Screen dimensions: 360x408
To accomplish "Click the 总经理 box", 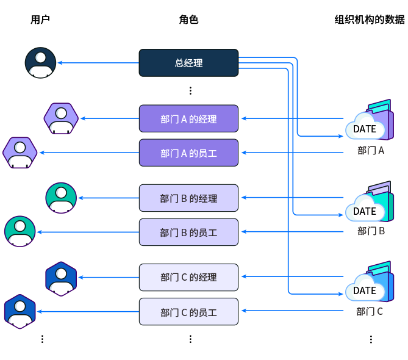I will [x=188, y=63].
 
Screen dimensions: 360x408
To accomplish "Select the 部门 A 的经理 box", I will [x=188, y=118].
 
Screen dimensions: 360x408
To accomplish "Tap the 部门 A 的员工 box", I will [x=188, y=153].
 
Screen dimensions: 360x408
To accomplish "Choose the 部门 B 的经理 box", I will [x=188, y=198].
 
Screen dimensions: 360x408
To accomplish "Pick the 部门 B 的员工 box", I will [x=188, y=232].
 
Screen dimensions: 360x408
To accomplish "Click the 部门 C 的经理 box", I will [x=188, y=277].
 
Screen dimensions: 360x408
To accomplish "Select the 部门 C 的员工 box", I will [x=188, y=312].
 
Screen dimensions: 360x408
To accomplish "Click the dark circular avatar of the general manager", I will [x=40, y=63].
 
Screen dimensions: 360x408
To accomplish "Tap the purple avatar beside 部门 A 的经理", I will [x=61, y=118].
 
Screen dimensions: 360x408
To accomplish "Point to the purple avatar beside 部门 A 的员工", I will [x=20, y=153].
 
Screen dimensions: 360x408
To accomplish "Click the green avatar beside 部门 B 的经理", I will [x=61, y=198].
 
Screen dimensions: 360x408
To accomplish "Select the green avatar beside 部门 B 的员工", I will [x=20, y=232].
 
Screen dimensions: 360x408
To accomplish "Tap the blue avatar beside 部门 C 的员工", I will [x=20, y=312].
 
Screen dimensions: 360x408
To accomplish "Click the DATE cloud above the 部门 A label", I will [x=365, y=129].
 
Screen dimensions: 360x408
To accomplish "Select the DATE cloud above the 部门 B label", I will [x=365, y=211].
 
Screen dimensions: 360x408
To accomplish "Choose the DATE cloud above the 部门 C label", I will [x=365, y=290].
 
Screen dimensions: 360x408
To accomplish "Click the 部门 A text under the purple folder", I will [x=370, y=151].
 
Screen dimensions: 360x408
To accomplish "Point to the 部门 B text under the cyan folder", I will [x=370, y=231].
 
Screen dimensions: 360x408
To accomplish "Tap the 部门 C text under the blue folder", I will [x=370, y=312].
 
